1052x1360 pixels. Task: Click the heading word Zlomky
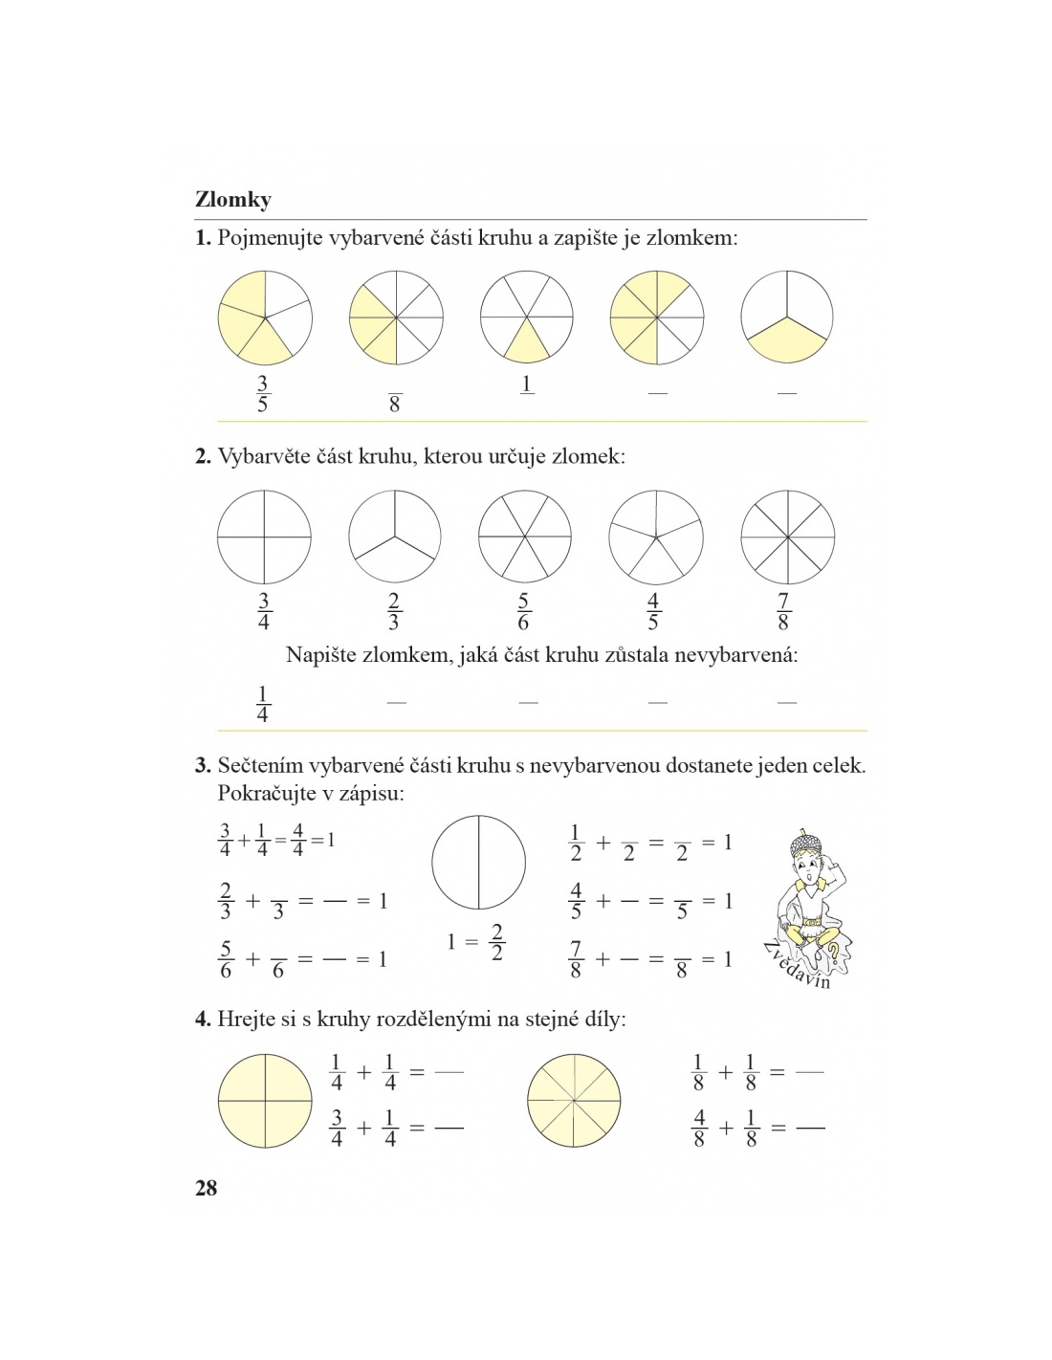tap(233, 200)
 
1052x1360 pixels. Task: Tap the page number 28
tap(207, 1188)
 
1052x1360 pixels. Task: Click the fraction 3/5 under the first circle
tap(263, 394)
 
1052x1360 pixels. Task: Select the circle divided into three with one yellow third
tap(787, 317)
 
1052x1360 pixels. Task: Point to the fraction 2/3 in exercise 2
tap(394, 612)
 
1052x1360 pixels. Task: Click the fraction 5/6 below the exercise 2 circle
tap(523, 612)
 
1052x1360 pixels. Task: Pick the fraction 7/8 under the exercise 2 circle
tap(783, 612)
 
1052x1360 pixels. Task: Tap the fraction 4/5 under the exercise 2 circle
tap(653, 612)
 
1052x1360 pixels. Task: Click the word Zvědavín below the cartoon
tap(799, 967)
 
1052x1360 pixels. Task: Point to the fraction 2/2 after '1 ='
tap(496, 943)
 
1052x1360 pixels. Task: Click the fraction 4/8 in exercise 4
tap(699, 1129)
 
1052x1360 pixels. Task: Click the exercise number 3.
tap(203, 765)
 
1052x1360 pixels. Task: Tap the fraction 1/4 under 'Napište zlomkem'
tap(263, 704)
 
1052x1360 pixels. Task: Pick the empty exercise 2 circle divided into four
tap(264, 537)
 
